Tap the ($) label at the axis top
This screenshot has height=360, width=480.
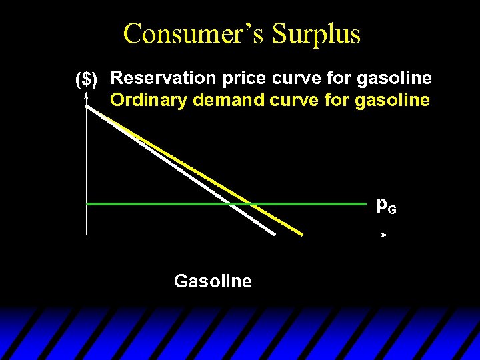point(87,80)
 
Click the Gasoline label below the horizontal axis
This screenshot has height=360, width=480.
point(213,281)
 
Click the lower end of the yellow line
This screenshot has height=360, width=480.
point(301,234)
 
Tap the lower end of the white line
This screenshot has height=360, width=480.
point(274,233)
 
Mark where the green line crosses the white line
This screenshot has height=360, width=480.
point(231,203)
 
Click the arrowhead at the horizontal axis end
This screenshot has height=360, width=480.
point(384,235)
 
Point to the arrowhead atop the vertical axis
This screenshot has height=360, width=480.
point(87,96)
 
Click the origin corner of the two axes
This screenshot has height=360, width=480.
point(87,235)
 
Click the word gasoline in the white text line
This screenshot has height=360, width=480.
point(395,79)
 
